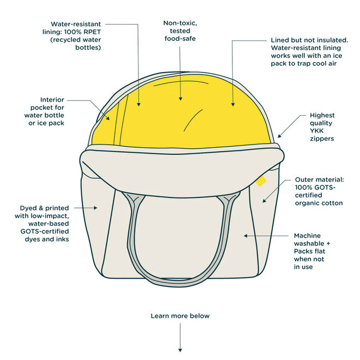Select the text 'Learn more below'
pyautogui.click(x=180, y=316)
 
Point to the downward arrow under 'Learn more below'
pyautogui.click(x=180, y=349)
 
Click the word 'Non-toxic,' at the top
pyautogui.click(x=180, y=23)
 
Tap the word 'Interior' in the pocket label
pyautogui.click(x=52, y=100)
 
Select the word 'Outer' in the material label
pyautogui.click(x=305, y=179)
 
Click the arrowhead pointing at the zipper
pyautogui.click(x=279, y=135)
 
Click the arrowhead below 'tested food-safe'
pyautogui.click(x=180, y=100)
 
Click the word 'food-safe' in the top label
pyautogui.click(x=180, y=39)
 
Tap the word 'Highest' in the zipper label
pyautogui.click(x=322, y=116)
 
